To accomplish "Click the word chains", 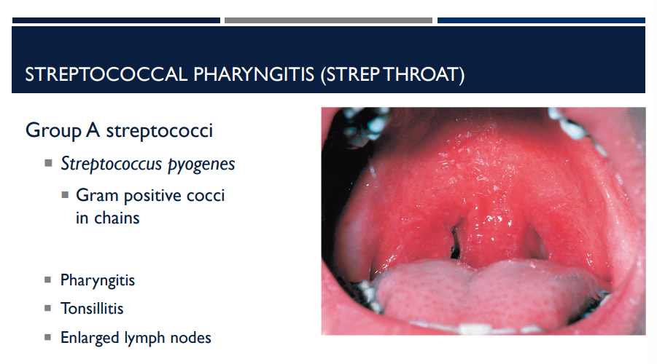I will point(117,217).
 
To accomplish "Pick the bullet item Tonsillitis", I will point(92,309).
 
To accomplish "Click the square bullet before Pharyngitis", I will point(48,280).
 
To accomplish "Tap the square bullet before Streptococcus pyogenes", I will point(48,163).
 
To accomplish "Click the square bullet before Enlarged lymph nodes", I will point(48,338).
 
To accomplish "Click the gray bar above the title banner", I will point(328,20).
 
